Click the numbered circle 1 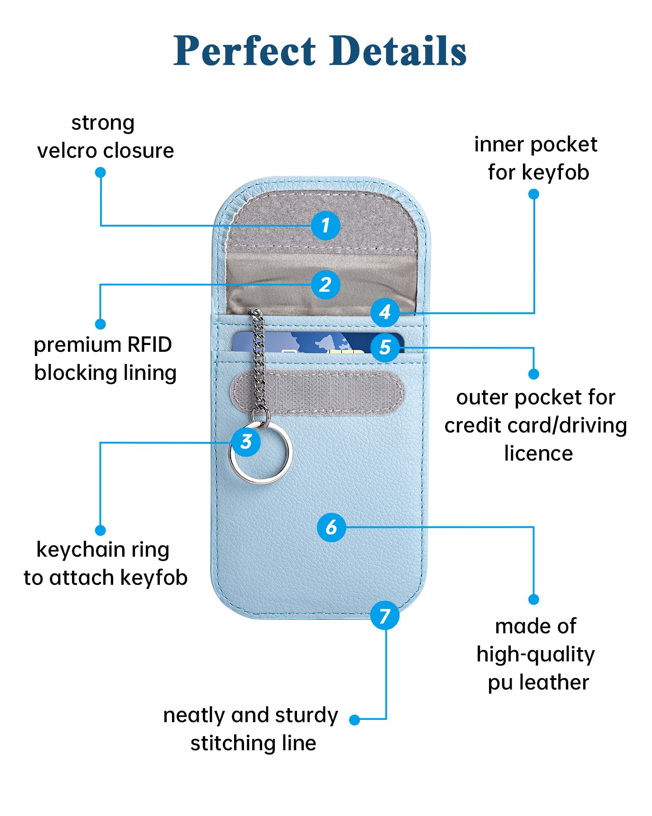[326, 225]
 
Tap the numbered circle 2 [326, 285]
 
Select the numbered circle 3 [246, 442]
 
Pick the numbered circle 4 [385, 312]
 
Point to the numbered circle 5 [385, 347]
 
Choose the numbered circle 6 [331, 527]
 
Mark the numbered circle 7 [385, 615]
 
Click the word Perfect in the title [245, 51]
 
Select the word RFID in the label [149, 345]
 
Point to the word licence [538, 453]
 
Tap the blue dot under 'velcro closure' [101, 172]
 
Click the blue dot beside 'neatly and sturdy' [355, 719]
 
